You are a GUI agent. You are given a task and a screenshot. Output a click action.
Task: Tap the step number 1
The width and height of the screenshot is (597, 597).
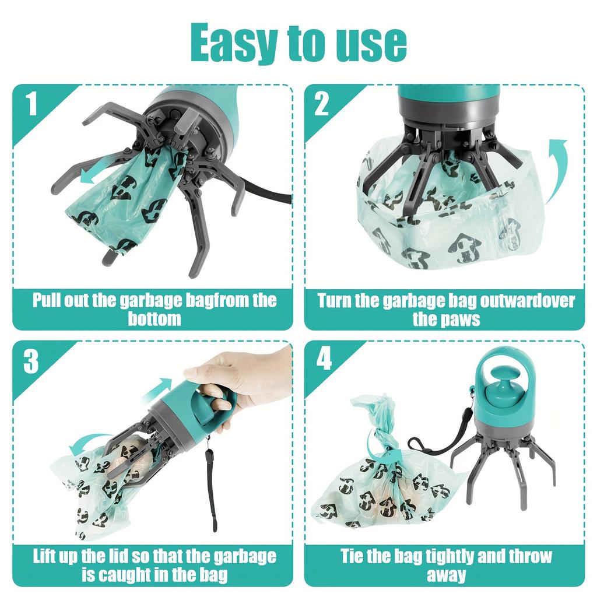point(31,105)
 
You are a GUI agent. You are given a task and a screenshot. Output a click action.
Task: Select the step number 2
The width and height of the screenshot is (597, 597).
point(322,105)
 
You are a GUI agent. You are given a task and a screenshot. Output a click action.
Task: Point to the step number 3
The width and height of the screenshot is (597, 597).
point(31,362)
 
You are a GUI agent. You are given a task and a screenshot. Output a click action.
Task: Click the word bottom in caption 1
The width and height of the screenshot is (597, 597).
point(154,319)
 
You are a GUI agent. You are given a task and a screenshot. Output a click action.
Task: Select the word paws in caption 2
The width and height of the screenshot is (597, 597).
point(459,319)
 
